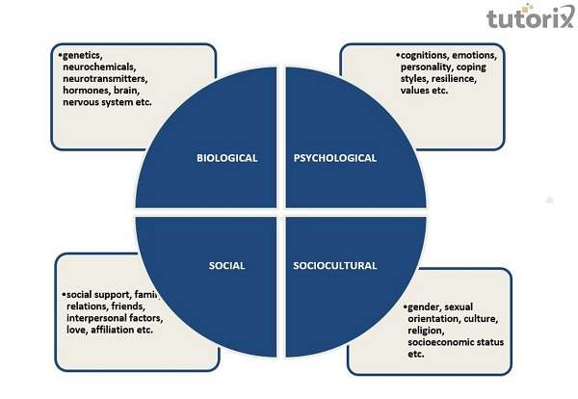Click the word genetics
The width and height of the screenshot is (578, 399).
83,55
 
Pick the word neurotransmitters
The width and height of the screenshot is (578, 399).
105,78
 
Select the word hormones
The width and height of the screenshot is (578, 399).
84,90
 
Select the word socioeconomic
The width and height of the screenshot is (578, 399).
440,342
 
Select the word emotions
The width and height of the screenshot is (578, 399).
486,55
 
